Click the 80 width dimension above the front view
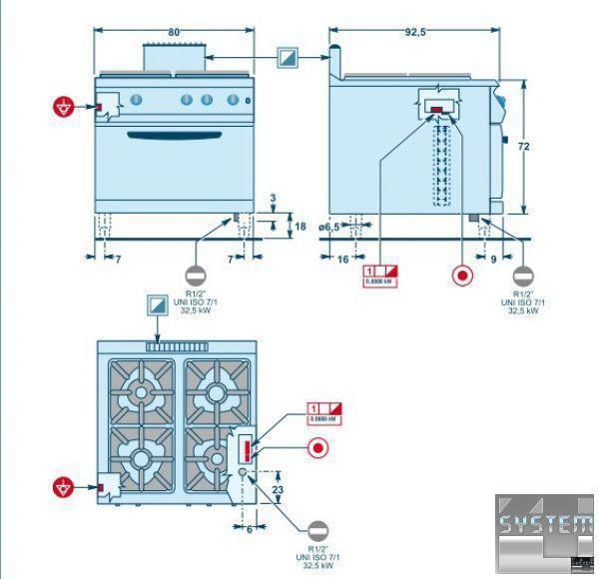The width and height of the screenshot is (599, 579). (174, 32)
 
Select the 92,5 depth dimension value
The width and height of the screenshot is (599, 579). (415, 32)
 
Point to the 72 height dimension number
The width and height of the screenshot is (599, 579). (523, 146)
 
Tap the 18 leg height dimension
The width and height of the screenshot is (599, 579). (299, 227)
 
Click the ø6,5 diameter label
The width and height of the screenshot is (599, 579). (330, 228)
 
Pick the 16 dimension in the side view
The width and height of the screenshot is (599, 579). (342, 259)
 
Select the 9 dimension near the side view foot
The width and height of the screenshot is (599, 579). (492, 259)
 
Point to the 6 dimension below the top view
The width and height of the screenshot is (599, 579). (250, 530)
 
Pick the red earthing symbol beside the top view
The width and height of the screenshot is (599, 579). (65, 487)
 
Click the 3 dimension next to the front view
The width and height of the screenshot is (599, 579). (272, 199)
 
